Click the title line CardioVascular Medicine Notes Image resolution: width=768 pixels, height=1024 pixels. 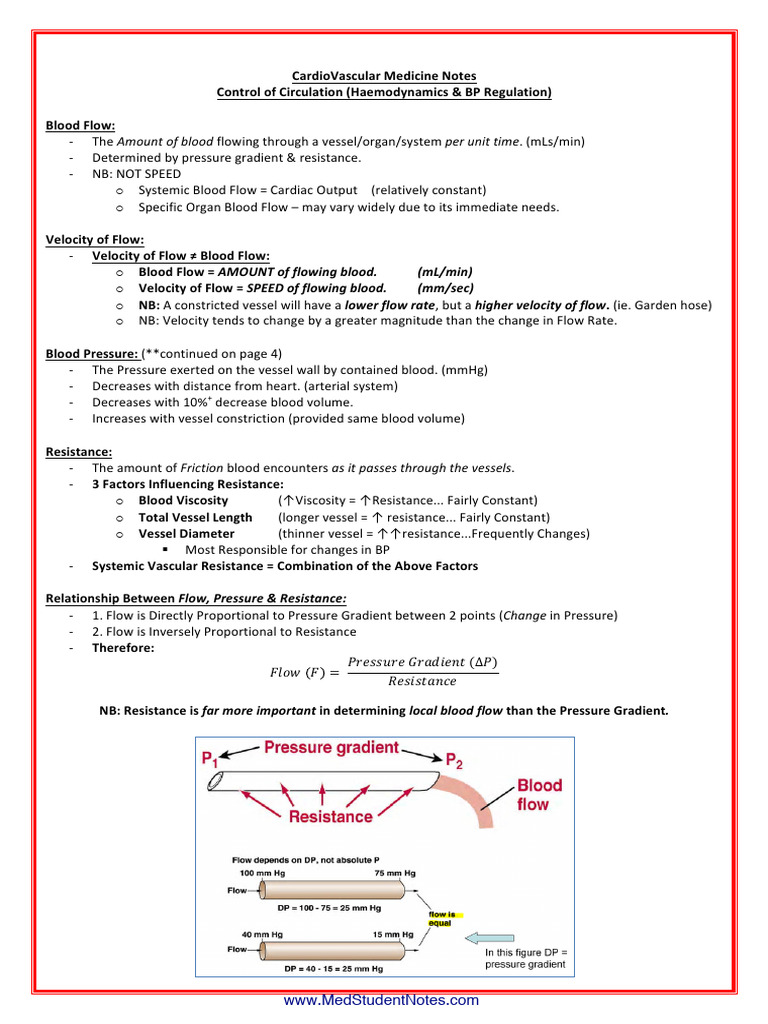click(x=384, y=76)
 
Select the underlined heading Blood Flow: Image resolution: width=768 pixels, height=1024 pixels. click(x=81, y=125)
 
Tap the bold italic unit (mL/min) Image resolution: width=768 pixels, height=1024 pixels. click(x=445, y=272)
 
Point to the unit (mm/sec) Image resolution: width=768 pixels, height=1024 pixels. click(x=446, y=288)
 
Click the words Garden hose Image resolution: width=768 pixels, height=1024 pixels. click(x=671, y=304)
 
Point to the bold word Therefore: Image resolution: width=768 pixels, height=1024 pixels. click(x=123, y=647)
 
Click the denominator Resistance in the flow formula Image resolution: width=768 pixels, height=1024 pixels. click(x=422, y=682)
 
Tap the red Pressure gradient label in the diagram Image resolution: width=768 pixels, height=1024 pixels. click(x=331, y=748)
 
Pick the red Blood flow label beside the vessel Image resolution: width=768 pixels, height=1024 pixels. click(x=539, y=794)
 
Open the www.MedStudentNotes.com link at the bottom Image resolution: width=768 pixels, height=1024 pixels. click(x=381, y=1000)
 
